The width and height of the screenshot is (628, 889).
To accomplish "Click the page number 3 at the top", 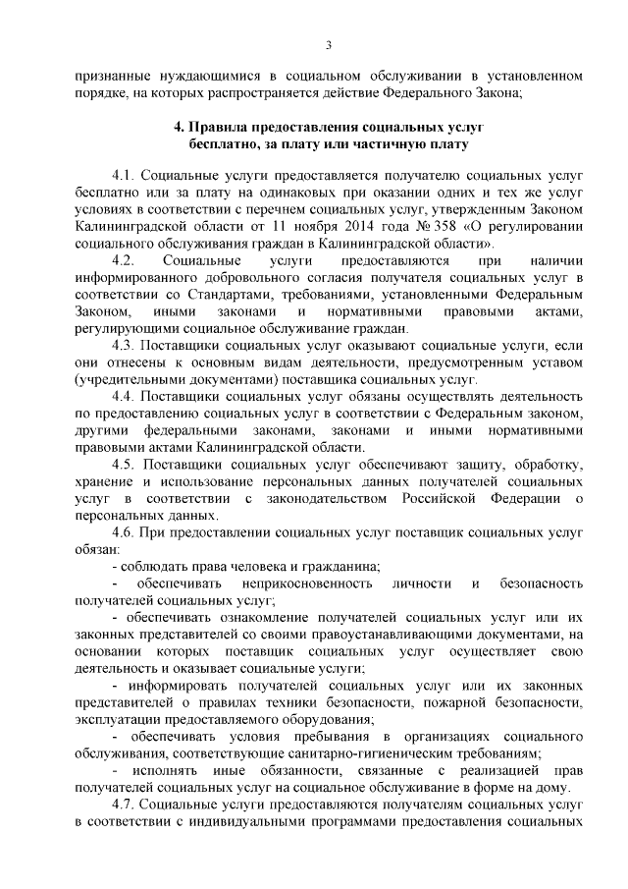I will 329,44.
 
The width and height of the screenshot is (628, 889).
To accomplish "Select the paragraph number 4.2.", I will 127,260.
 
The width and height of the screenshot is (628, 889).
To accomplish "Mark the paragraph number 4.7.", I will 127,806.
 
